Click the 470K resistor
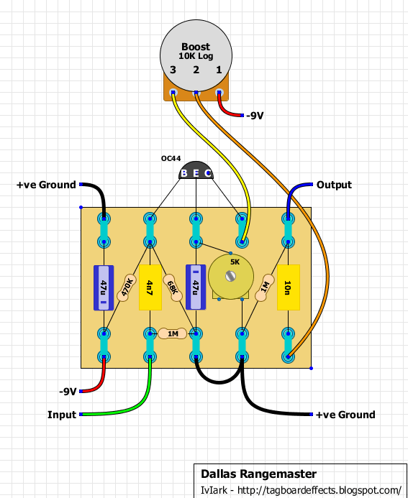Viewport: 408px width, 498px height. (x=127, y=287)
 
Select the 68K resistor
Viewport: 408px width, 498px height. (x=173, y=287)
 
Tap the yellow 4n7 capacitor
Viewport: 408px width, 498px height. (x=150, y=287)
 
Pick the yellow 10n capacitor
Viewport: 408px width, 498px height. (x=289, y=287)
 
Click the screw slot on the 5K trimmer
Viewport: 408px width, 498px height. (x=230, y=276)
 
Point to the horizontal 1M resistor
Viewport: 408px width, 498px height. (x=173, y=334)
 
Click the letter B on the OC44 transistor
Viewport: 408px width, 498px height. (x=183, y=173)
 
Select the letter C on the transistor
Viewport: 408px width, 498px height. (x=208, y=173)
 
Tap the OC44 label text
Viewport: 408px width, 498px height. (x=171, y=159)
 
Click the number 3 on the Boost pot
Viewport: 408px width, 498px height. (x=173, y=70)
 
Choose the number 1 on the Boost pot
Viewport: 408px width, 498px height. (x=219, y=70)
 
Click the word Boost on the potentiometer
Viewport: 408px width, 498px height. (x=196, y=47)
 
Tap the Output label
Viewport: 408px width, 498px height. (x=334, y=185)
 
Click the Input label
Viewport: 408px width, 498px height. (x=62, y=415)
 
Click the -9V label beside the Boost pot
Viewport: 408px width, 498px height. (x=255, y=116)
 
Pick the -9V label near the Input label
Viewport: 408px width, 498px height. (x=68, y=392)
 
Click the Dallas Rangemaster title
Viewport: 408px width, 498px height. (x=258, y=474)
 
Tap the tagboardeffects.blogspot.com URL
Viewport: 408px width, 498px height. (x=319, y=490)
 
